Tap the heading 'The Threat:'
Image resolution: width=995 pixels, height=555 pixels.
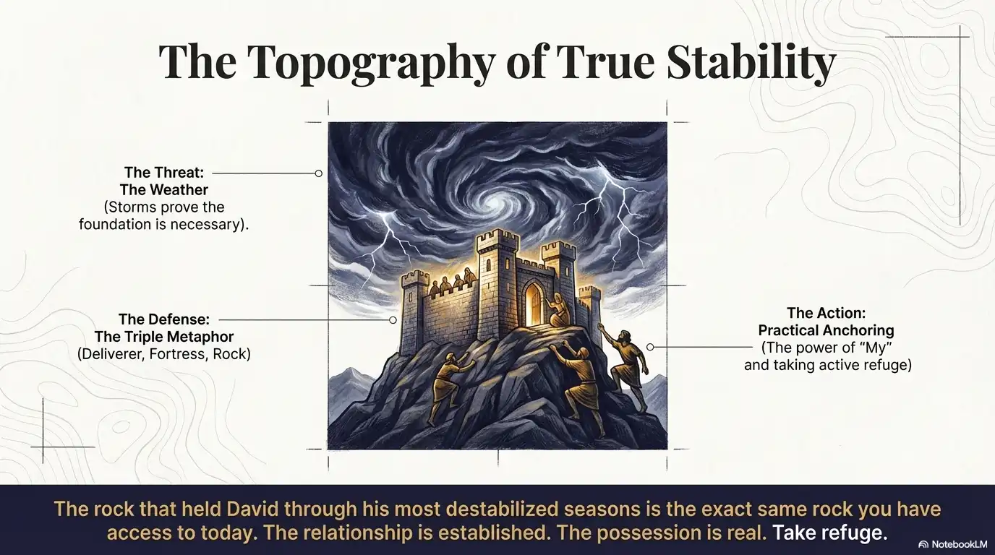[164, 173]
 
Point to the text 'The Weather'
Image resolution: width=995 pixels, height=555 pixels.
[164, 190]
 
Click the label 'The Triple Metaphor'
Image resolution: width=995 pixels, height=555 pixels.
[164, 337]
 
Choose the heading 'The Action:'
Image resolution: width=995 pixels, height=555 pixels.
[826, 313]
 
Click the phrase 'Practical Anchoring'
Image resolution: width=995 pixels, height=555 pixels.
[826, 330]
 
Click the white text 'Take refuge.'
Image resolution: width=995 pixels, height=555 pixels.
[829, 534]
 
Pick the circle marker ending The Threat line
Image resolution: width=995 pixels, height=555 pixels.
[318, 173]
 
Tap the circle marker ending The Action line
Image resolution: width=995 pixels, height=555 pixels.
[650, 348]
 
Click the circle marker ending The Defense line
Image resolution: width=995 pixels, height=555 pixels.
[393, 319]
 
